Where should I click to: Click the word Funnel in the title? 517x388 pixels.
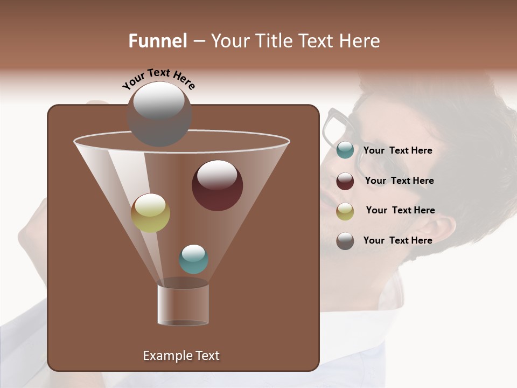pos(157,41)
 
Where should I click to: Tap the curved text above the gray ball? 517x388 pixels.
pos(158,79)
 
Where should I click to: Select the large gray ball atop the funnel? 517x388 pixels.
pos(159,114)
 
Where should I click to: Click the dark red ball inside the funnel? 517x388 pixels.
pos(217,185)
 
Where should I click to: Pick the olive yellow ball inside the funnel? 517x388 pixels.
pos(150,213)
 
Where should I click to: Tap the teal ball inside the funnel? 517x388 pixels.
pos(193,259)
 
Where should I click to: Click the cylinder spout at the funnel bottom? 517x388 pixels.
pos(183,304)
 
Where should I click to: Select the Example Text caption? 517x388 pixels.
pos(181,356)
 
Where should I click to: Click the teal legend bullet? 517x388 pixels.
pos(345,150)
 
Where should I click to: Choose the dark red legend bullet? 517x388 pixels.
pos(345,181)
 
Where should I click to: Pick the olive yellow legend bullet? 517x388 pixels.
pos(345,211)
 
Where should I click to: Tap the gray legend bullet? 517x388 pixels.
pos(345,241)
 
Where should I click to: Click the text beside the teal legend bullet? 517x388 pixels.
pos(397,151)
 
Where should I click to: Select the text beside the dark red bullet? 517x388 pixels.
pos(399,181)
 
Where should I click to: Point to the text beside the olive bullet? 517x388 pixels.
pos(400,211)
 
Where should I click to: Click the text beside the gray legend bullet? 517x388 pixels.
pos(397,241)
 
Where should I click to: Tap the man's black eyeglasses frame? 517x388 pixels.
pos(335,127)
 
